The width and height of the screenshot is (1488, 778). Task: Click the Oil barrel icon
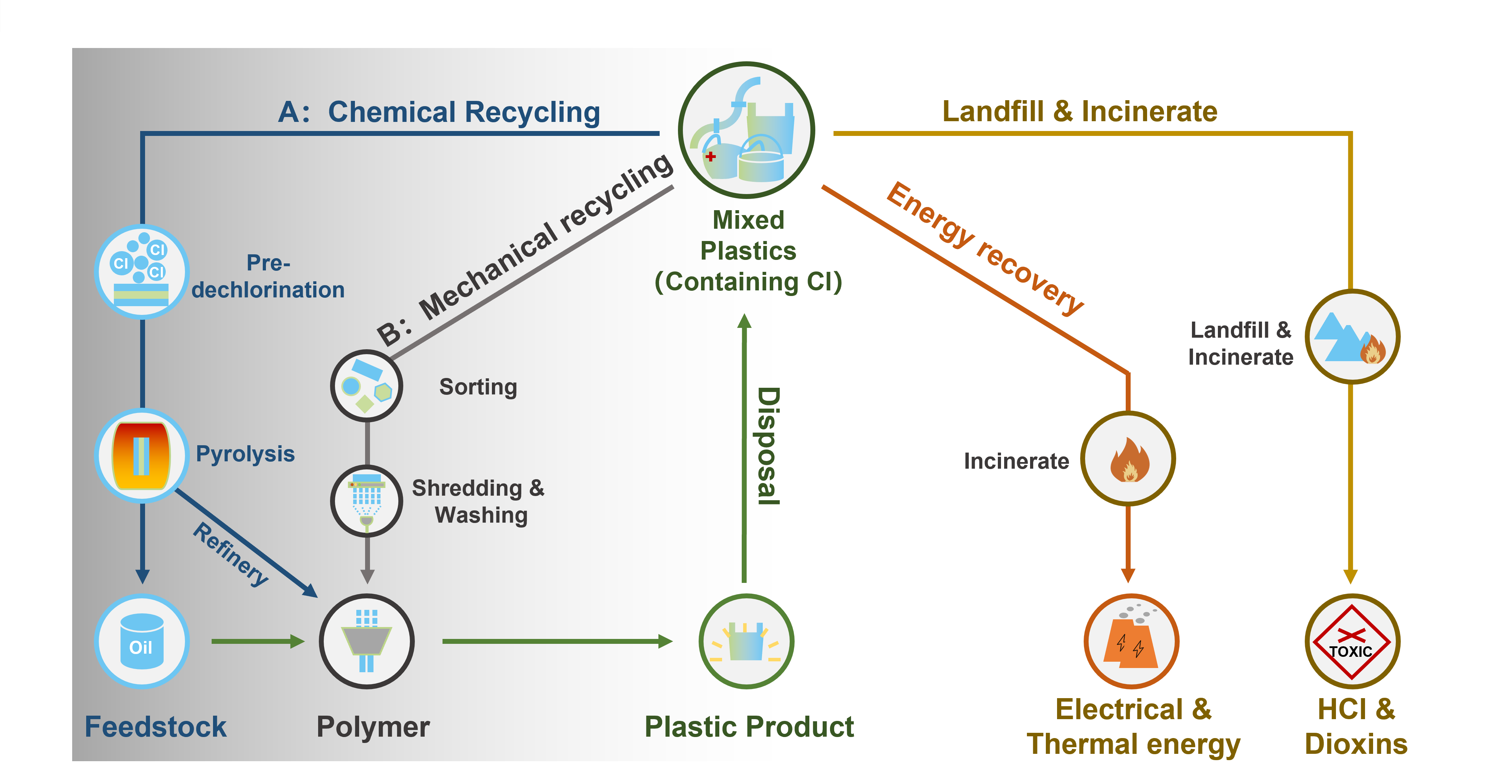[142, 641]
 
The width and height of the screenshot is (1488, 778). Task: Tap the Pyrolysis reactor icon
[142, 455]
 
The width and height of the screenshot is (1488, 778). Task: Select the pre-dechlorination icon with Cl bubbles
[142, 271]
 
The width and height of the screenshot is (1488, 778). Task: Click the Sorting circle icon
[366, 386]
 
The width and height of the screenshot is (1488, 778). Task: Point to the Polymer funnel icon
[366, 641]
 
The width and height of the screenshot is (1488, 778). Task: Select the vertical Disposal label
[768, 446]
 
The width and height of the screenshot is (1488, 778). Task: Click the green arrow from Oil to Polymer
[257, 641]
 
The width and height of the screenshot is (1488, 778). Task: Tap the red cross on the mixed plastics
[711, 156]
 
